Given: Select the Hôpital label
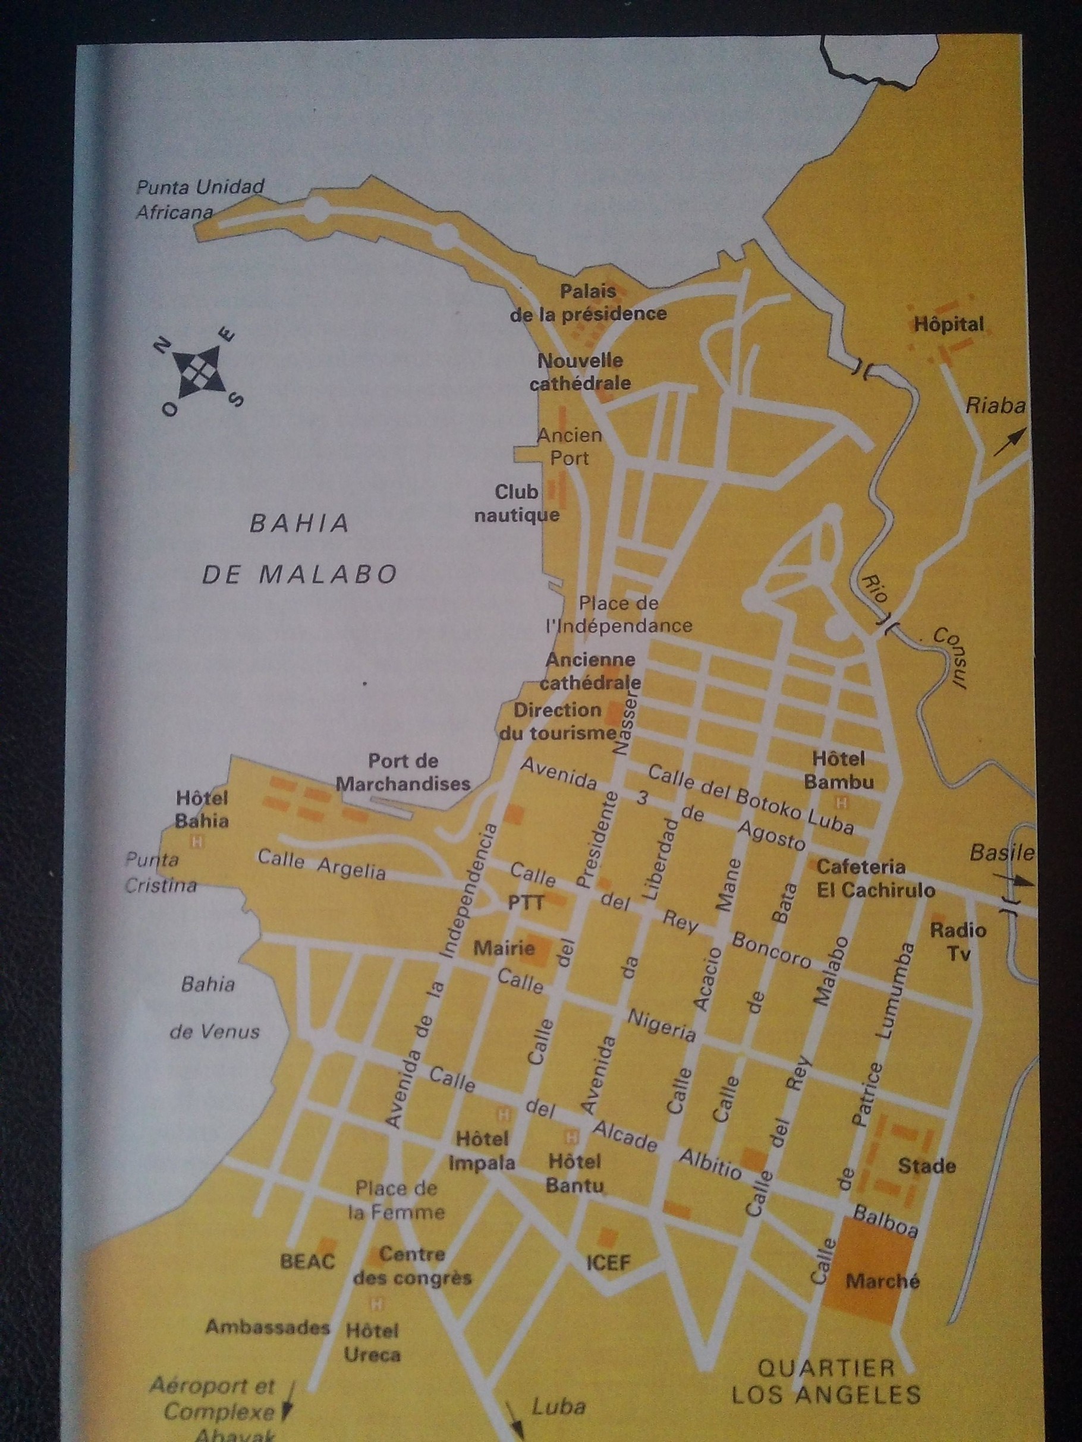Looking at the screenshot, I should coord(948,324).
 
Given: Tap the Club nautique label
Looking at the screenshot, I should coord(517,503).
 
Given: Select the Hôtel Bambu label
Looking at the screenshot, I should coord(838,769).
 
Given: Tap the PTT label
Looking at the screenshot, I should coord(526,902).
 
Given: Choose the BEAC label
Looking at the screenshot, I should coord(307,1261).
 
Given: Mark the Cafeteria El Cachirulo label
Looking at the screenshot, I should coord(875,878).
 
